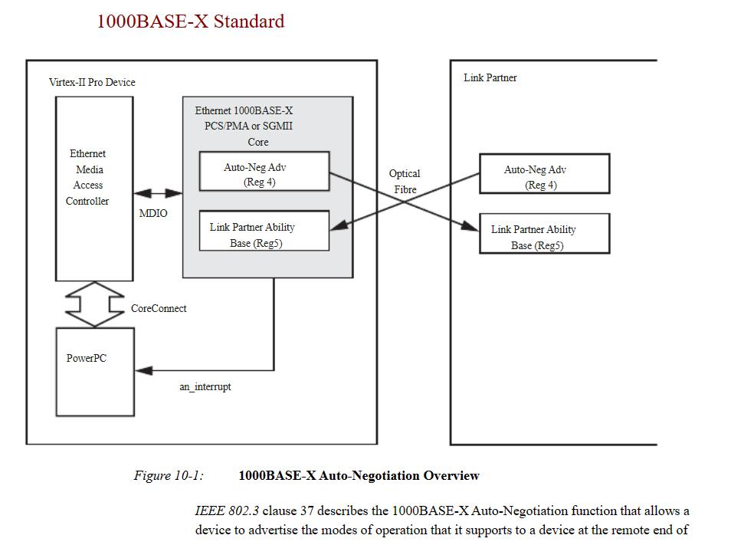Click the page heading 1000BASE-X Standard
point(190,21)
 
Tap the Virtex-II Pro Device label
point(92,82)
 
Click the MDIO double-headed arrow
point(157,193)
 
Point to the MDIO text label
point(152,213)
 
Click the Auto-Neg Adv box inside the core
point(264,171)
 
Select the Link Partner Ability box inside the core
point(264,231)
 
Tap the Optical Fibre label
point(405,182)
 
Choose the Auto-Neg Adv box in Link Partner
point(544,173)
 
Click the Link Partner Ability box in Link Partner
point(544,234)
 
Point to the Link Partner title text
point(490,77)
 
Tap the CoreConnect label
point(159,308)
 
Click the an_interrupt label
point(205,387)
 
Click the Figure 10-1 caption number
point(169,476)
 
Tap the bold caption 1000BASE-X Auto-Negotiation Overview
point(359,476)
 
